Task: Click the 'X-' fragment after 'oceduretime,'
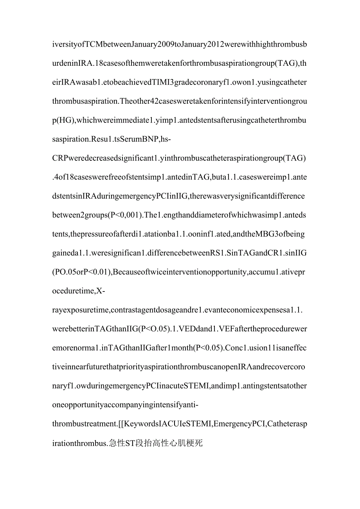pyautogui.click(x=101, y=291)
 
